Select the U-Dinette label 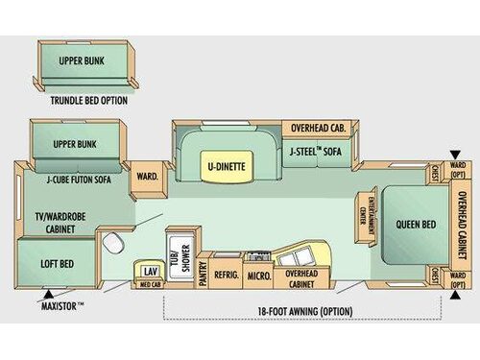(x=226, y=166)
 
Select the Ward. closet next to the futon (x=147, y=177)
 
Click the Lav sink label (x=150, y=272)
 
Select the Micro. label (x=257, y=276)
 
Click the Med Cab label (x=150, y=284)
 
